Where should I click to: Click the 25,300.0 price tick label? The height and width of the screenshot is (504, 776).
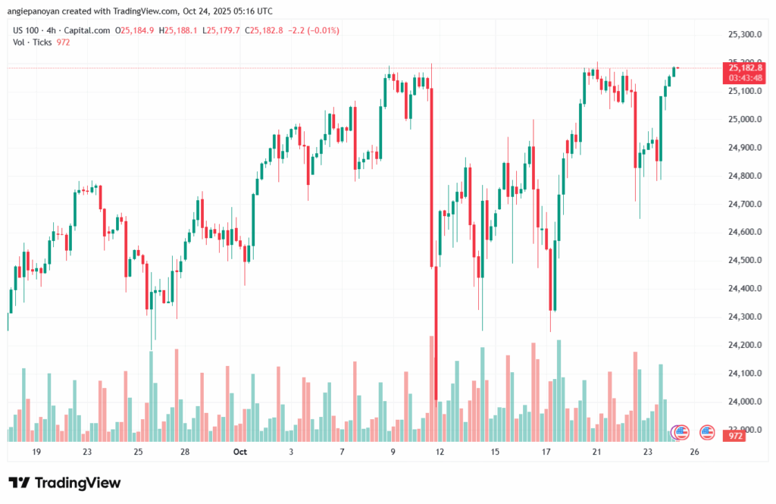point(743,35)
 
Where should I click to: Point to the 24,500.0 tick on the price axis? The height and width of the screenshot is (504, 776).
point(743,261)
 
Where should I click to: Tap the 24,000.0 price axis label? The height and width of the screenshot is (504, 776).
point(743,402)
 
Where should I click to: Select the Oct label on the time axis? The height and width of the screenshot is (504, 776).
point(240,452)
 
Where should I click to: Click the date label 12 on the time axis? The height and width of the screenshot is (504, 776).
point(438,452)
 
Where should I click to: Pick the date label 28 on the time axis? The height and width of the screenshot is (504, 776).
point(185,452)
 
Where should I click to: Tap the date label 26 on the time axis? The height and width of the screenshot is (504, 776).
point(694,452)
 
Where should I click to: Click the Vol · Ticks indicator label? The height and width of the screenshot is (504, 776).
point(33,42)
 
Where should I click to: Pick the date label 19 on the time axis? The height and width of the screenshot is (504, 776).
point(36,452)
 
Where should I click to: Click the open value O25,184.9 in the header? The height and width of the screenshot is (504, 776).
point(135,30)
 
